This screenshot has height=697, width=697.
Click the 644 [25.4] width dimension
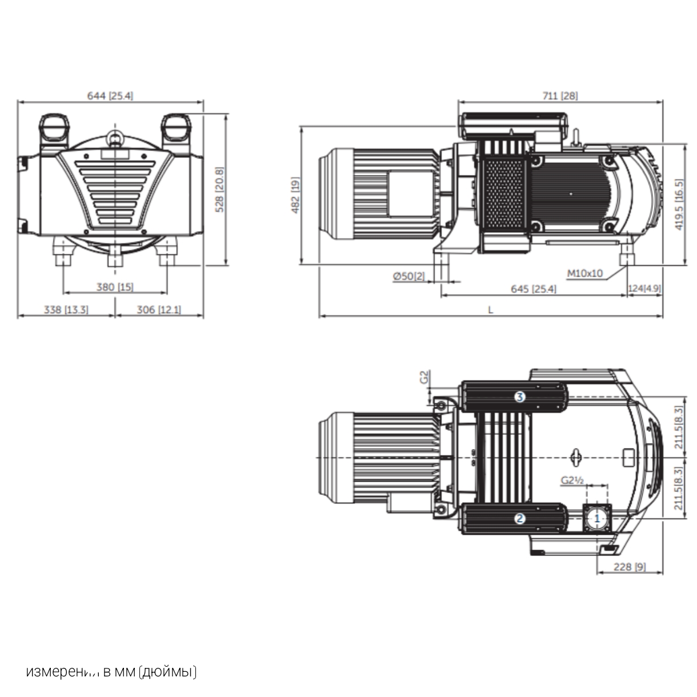point(110,95)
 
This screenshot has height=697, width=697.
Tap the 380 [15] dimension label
point(114,287)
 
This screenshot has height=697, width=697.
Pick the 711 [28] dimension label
point(559,95)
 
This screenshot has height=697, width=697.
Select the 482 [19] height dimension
point(295,195)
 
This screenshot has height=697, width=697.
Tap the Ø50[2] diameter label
point(408,276)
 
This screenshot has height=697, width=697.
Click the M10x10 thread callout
point(584,273)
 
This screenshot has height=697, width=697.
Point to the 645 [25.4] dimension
point(532,289)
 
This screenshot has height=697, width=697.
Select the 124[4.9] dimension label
point(644,289)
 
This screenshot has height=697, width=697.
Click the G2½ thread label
point(571,480)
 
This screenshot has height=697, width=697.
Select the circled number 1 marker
point(598,518)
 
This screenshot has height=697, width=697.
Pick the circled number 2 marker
point(519,518)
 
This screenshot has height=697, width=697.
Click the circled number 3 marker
point(519,396)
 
